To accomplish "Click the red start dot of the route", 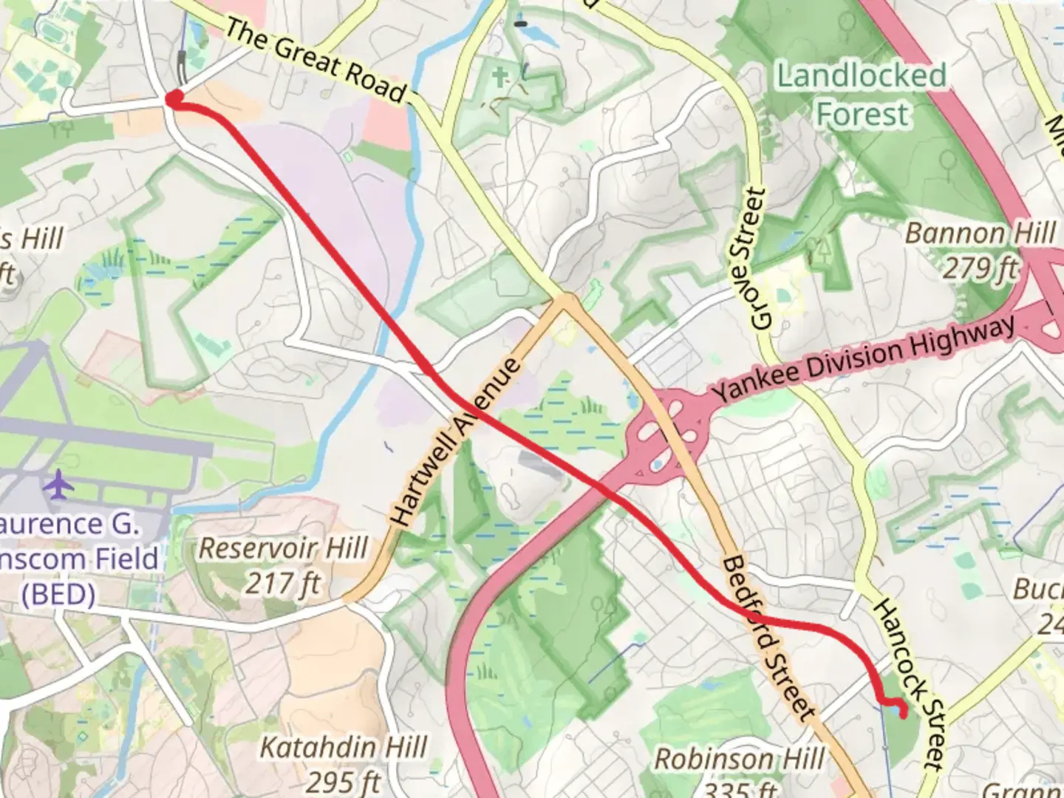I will (x=174, y=98).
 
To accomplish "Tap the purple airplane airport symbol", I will (x=58, y=485).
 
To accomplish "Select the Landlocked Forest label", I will (x=862, y=95).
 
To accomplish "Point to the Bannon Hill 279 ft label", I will (x=981, y=250).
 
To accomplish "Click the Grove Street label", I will (x=758, y=259).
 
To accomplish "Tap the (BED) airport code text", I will (x=58, y=593).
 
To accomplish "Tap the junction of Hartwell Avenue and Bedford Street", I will (x=566, y=301).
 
